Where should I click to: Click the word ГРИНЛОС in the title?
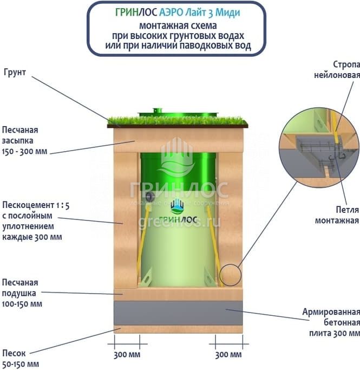click(x=136, y=12)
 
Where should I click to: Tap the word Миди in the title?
click(x=227, y=12)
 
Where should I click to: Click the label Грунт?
click(x=15, y=72)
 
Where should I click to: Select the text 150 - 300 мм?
click(x=24, y=151)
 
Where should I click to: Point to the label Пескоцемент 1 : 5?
click(x=36, y=205)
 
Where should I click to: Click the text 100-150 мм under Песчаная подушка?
click(x=22, y=304)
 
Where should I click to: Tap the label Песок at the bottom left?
click(x=14, y=353)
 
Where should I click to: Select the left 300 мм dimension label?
click(x=127, y=354)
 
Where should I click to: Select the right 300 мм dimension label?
click(x=228, y=354)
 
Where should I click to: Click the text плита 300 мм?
click(x=335, y=333)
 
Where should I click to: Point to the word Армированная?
click(x=331, y=312)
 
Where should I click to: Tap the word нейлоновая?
click(x=337, y=75)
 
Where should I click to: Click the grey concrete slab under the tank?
click(x=178, y=313)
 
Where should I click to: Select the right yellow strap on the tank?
click(x=214, y=246)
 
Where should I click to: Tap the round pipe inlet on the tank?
click(x=149, y=196)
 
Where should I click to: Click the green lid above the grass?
click(x=178, y=114)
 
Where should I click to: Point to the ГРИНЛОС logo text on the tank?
click(x=178, y=219)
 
